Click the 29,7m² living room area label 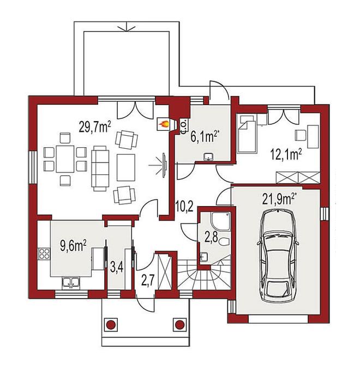pyautogui.click(x=95, y=126)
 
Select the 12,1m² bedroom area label pyautogui.click(x=286, y=155)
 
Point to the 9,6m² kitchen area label pyautogui.click(x=73, y=246)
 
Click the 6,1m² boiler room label pyautogui.click(x=205, y=137)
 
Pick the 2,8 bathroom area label pyautogui.click(x=211, y=237)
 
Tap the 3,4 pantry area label pyautogui.click(x=117, y=268)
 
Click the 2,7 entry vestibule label pyautogui.click(x=148, y=280)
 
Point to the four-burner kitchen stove pyautogui.click(x=44, y=254)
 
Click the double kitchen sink pyautogui.click(x=71, y=283)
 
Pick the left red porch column pyautogui.click(x=111, y=324)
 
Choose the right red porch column pyautogui.click(x=180, y=324)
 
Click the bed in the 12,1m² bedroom pyautogui.click(x=247, y=134)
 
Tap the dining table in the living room pyautogui.click(x=65, y=159)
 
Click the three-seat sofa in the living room pyautogui.click(x=100, y=168)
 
